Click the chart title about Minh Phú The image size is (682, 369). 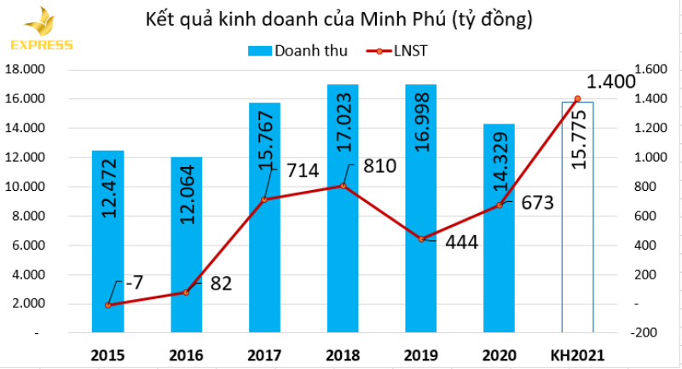341,18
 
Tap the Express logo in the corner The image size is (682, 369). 39,30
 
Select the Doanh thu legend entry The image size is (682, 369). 298,51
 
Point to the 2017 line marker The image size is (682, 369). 264,199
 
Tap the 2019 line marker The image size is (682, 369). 421,239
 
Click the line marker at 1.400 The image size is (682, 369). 577,99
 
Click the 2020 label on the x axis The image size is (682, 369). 500,354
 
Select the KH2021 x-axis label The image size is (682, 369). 577,354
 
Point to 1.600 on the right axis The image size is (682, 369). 646,69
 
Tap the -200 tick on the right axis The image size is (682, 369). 644,332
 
